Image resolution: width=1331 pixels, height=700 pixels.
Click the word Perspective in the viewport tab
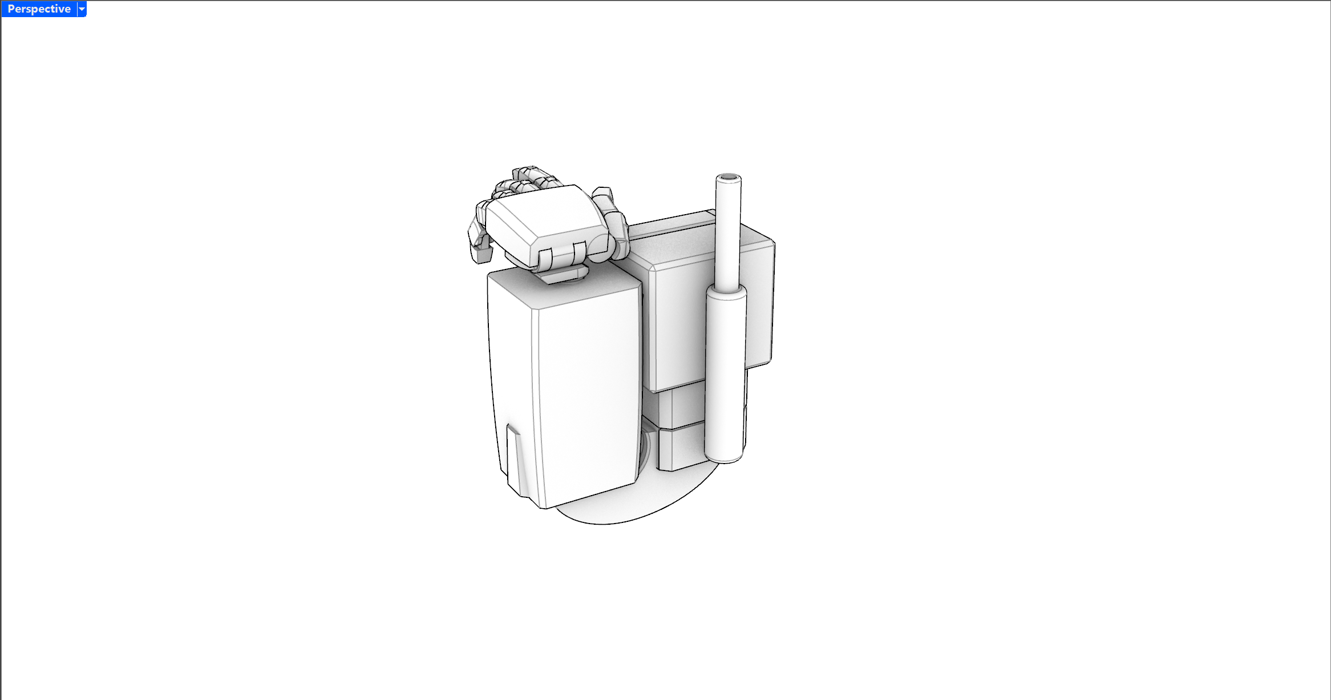[39, 9]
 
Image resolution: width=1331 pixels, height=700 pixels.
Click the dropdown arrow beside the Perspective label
[82, 9]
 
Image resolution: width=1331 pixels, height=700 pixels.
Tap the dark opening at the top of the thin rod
[729, 178]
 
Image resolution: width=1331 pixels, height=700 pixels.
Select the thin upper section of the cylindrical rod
[728, 234]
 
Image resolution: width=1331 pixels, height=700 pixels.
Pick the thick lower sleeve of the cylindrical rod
[726, 374]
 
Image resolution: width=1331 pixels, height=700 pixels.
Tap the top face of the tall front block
[562, 288]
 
